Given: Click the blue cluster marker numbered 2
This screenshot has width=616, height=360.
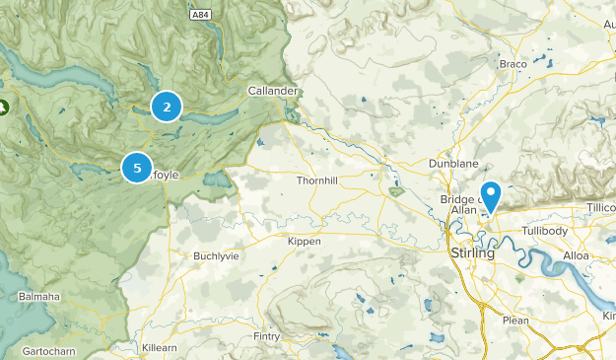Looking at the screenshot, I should pyautogui.click(x=167, y=106).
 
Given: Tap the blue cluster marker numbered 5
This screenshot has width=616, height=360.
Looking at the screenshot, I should pyautogui.click(x=136, y=168).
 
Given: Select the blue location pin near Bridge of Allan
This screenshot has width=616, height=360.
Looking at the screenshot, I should pyautogui.click(x=490, y=195).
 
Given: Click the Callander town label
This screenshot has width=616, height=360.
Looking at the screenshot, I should pyautogui.click(x=272, y=90).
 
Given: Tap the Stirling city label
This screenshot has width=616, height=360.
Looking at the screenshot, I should pyautogui.click(x=471, y=253).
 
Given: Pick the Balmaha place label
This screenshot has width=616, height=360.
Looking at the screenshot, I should pyautogui.click(x=38, y=296).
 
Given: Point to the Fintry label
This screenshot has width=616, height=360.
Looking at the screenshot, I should pyautogui.click(x=266, y=336).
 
